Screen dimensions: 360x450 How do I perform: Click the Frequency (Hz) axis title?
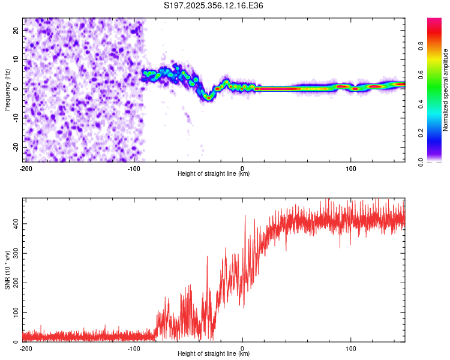[x=8, y=90]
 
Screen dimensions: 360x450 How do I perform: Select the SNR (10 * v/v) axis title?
[x=8, y=270]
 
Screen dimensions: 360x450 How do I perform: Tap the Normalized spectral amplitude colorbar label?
[x=446, y=90]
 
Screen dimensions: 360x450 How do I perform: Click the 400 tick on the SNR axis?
[x=15, y=223]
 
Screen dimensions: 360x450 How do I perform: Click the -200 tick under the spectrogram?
[x=25, y=168]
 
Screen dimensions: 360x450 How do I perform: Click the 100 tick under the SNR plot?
[x=350, y=348]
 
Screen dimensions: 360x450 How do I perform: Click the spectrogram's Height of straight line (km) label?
[x=214, y=174]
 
